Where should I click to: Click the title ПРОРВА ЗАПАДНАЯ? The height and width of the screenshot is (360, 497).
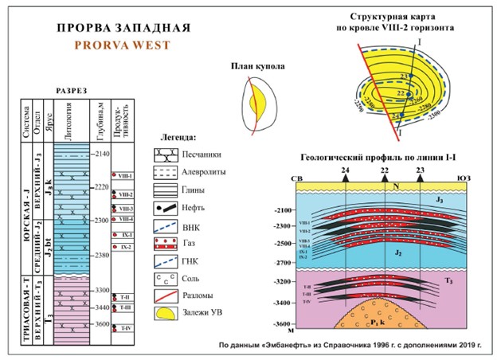point(123,27)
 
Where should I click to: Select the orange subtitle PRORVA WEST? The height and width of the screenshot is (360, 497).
point(123,45)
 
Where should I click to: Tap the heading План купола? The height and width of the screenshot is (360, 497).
point(253,70)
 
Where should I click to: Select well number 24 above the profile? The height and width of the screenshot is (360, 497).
point(345,170)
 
